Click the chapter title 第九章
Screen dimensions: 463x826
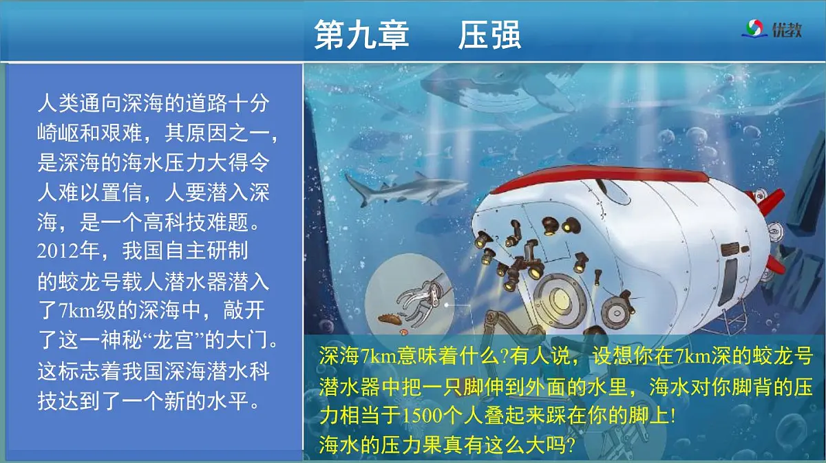tap(361, 34)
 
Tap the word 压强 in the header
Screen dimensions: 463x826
tap(489, 34)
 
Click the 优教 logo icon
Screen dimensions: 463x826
tap(753, 29)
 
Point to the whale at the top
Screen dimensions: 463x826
tap(496, 89)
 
